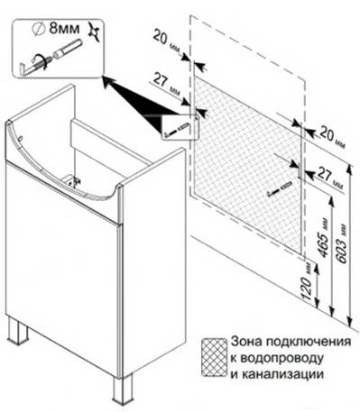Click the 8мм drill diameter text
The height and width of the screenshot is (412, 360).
(x=64, y=29)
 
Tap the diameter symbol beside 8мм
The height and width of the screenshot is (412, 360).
(x=38, y=30)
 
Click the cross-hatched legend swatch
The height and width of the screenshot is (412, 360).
(x=214, y=357)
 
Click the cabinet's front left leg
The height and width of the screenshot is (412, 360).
(x=18, y=330)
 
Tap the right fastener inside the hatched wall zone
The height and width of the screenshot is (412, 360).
(x=279, y=188)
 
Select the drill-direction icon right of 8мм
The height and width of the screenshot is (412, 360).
(x=95, y=31)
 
